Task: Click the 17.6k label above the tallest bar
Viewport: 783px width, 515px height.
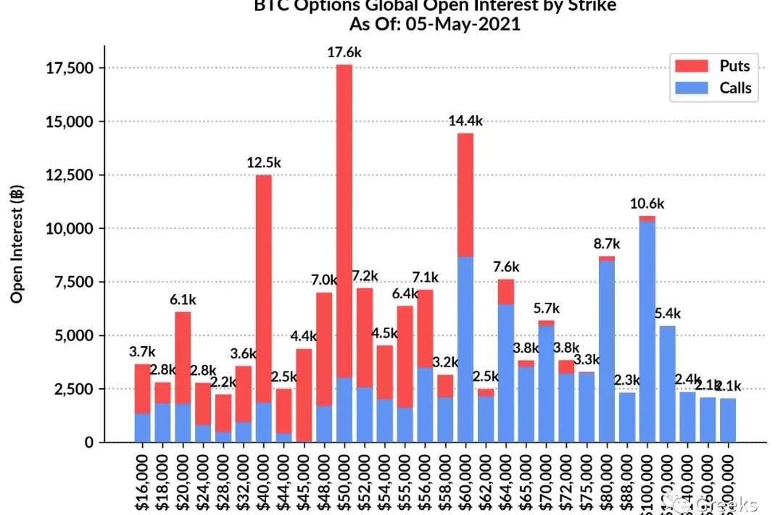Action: click(x=344, y=52)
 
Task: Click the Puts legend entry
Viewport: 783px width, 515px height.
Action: click(x=734, y=66)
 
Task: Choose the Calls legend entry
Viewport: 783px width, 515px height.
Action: click(x=734, y=89)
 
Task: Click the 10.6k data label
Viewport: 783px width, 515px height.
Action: click(x=647, y=204)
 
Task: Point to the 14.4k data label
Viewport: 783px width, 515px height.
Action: click(x=466, y=121)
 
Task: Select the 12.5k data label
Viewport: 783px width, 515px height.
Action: click(x=264, y=162)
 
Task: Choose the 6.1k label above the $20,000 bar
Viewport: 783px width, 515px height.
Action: click(x=183, y=299)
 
